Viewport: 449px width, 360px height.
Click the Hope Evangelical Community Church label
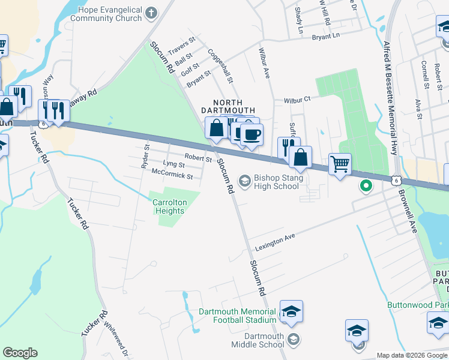tap(106, 14)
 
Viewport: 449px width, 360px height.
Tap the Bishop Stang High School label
tap(276, 181)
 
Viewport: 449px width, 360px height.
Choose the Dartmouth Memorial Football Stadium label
tap(237, 316)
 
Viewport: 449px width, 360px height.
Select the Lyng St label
tap(173, 164)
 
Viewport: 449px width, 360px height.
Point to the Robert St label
tap(198, 157)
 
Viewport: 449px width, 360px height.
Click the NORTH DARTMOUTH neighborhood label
tap(228, 106)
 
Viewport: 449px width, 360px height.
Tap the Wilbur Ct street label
tap(297, 99)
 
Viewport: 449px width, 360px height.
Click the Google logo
tap(20, 353)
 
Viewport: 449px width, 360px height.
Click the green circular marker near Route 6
tap(366, 186)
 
